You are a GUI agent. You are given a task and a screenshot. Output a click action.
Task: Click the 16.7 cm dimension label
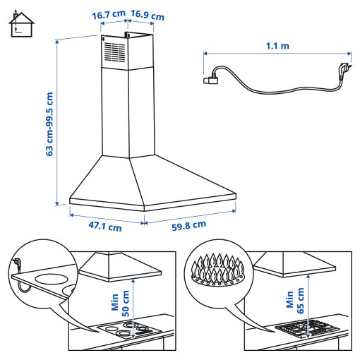[109, 13]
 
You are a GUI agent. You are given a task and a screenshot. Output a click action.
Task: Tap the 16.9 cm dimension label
[148, 14]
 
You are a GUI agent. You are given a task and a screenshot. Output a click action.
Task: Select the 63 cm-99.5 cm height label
[49, 121]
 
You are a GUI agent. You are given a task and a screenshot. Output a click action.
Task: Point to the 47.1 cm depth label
[104, 227]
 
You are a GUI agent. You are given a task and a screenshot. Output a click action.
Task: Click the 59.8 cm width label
[188, 226]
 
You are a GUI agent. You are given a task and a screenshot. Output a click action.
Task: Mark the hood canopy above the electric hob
[120, 266]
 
